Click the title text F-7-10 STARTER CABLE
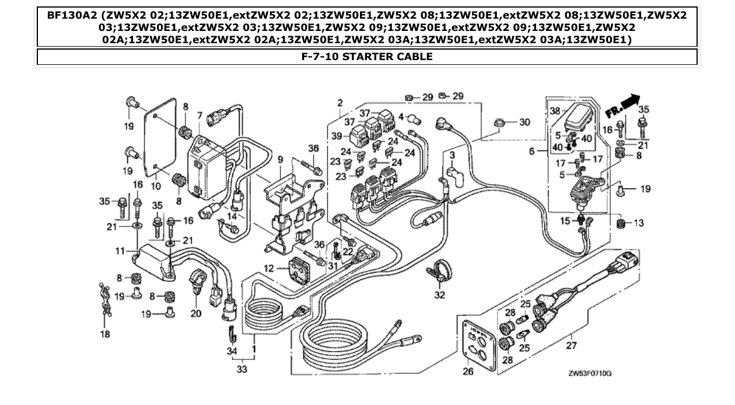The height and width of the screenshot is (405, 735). [x=367, y=57]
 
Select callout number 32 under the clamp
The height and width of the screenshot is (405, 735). [x=439, y=295]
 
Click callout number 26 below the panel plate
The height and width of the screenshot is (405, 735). [x=468, y=371]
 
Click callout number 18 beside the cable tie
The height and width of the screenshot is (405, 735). [x=105, y=334]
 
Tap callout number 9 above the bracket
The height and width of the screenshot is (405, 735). [x=279, y=159]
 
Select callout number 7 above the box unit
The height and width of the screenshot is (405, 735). [x=199, y=115]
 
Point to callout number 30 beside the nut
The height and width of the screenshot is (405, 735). [x=524, y=122]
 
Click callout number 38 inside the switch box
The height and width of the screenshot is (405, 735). [x=555, y=110]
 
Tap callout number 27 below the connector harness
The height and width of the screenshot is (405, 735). [x=571, y=345]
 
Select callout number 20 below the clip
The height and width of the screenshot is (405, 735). [x=195, y=313]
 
